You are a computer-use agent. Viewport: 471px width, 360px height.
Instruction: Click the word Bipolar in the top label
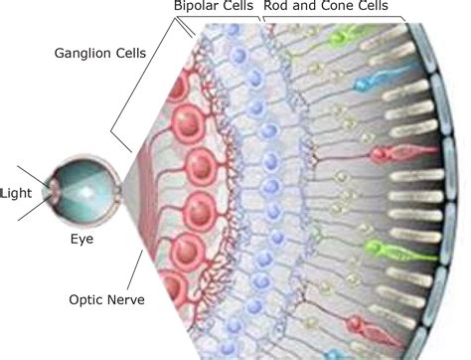point(194,8)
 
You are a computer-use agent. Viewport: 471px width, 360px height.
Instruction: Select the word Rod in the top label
point(276,8)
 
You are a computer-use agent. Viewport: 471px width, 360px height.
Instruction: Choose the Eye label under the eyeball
point(81,240)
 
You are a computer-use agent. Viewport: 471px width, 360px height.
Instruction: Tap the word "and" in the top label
point(304,8)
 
